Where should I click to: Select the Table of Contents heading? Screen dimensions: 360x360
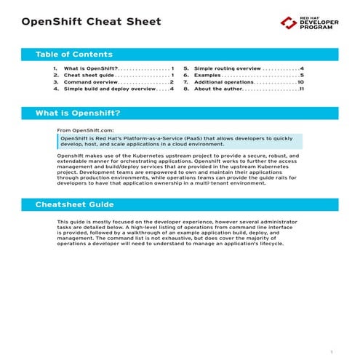click(73, 55)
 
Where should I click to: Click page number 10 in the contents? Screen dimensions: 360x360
click(300, 82)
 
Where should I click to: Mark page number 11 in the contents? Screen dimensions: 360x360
click(301, 89)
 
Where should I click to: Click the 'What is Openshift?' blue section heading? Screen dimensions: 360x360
click(78, 113)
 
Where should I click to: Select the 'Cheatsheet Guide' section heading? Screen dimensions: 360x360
click(75, 204)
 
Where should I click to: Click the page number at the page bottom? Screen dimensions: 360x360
click(332, 351)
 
